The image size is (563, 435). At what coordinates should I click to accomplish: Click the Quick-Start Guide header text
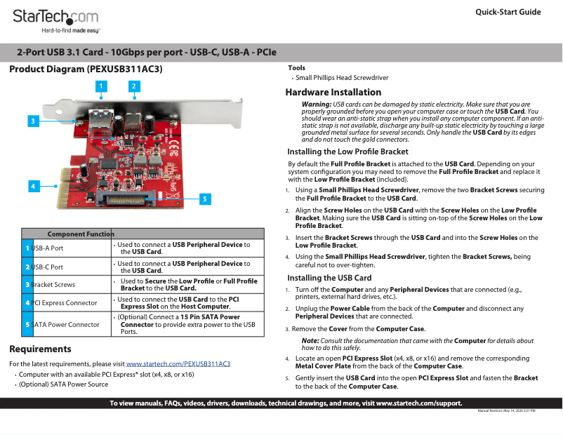508,12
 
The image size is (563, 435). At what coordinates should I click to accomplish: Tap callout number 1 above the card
101,86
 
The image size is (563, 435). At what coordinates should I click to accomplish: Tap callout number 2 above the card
133,86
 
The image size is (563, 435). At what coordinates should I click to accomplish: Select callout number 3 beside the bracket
32,121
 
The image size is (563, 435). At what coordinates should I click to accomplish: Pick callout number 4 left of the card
32,186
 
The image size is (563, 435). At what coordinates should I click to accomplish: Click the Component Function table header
80,234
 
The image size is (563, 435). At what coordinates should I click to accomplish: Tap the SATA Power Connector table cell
66,325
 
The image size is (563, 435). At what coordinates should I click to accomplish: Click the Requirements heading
40,349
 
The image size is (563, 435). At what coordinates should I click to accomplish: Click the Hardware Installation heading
333,93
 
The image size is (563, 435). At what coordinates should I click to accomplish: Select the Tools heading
296,67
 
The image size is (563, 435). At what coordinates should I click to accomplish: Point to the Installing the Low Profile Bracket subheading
347,152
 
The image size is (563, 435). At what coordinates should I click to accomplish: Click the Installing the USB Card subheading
329,278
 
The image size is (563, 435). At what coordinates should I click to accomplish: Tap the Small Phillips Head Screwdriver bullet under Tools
342,78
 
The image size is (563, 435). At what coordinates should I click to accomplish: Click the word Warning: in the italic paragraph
316,104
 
